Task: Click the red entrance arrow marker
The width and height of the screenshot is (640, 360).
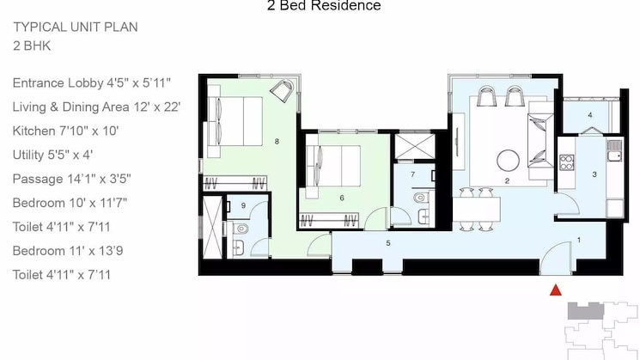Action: coord(556,290)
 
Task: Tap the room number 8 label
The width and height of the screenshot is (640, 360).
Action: coord(277,141)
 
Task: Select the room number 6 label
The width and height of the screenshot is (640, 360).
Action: coord(342,198)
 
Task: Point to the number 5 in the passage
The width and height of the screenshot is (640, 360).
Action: coord(388,244)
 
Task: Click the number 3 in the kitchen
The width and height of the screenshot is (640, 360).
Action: coord(594,174)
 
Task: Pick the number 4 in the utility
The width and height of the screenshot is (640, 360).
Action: coord(590,114)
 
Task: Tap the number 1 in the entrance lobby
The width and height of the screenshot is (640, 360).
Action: coord(579,240)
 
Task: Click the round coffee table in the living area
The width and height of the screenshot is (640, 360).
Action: coord(508,161)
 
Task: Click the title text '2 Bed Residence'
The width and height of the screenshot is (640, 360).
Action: coord(324,7)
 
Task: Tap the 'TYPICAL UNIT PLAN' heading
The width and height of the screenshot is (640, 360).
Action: coord(76,27)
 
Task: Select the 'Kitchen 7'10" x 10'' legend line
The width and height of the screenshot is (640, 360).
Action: coord(65,131)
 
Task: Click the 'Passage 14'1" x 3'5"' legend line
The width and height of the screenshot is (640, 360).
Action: coord(71,180)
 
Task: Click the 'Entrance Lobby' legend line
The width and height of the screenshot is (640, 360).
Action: coord(92,83)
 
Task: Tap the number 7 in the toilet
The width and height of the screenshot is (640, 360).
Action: coord(413,174)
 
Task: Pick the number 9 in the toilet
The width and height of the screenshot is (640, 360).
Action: coord(243,206)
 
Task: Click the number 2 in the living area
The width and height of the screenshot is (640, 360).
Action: coord(508,181)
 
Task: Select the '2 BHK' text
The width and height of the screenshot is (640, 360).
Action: coord(32,46)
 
